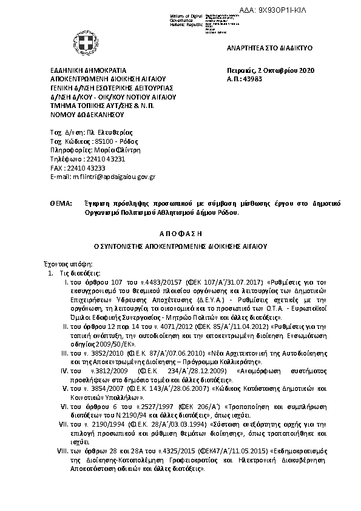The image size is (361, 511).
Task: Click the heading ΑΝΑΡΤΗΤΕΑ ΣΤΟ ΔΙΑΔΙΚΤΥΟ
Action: click(262, 46)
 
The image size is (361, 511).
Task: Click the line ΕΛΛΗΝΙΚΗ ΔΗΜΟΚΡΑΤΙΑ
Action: click(87, 71)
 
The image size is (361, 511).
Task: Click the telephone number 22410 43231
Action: click(90, 159)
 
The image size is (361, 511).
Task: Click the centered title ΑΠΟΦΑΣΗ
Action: click(180, 233)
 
